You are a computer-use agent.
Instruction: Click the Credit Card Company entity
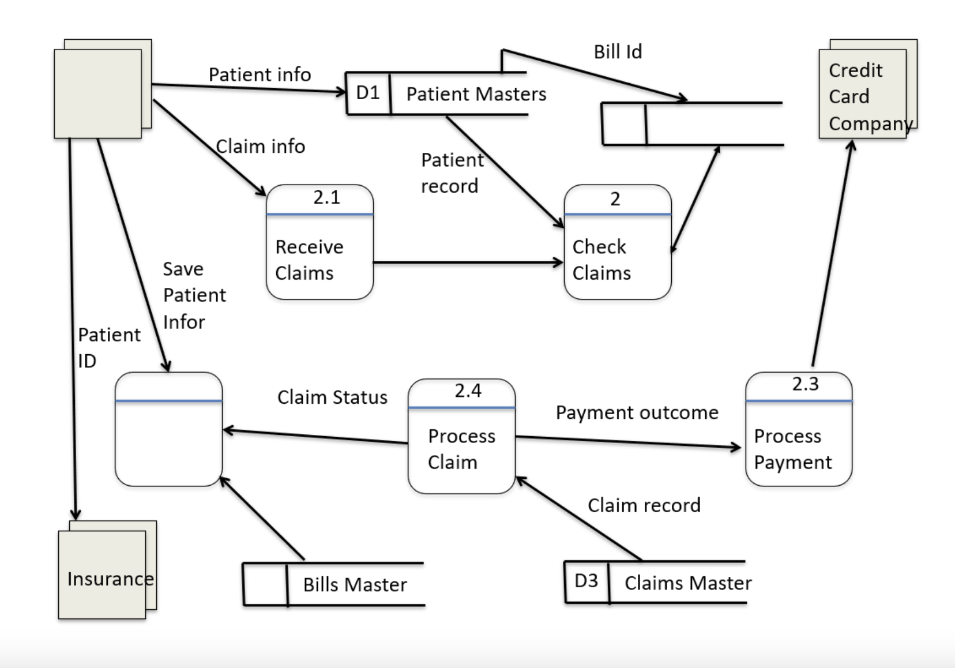(863, 95)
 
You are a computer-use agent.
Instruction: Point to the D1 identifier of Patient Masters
(368, 93)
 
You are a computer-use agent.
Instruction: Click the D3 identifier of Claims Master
(586, 581)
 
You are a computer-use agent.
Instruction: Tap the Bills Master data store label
(355, 585)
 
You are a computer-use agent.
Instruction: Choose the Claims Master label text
(687, 583)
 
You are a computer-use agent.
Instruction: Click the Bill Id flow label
(618, 52)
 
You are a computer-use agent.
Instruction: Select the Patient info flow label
(260, 75)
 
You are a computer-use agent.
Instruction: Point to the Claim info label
(260, 147)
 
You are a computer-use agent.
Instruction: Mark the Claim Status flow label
(332, 397)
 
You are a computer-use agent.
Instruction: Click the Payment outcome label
(637, 413)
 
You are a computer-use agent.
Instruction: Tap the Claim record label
(644, 505)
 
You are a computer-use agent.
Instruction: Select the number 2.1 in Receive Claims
(326, 198)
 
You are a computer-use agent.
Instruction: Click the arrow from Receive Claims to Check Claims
(467, 263)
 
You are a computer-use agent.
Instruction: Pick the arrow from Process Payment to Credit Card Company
(832, 254)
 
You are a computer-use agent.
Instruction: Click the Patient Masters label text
(476, 94)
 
